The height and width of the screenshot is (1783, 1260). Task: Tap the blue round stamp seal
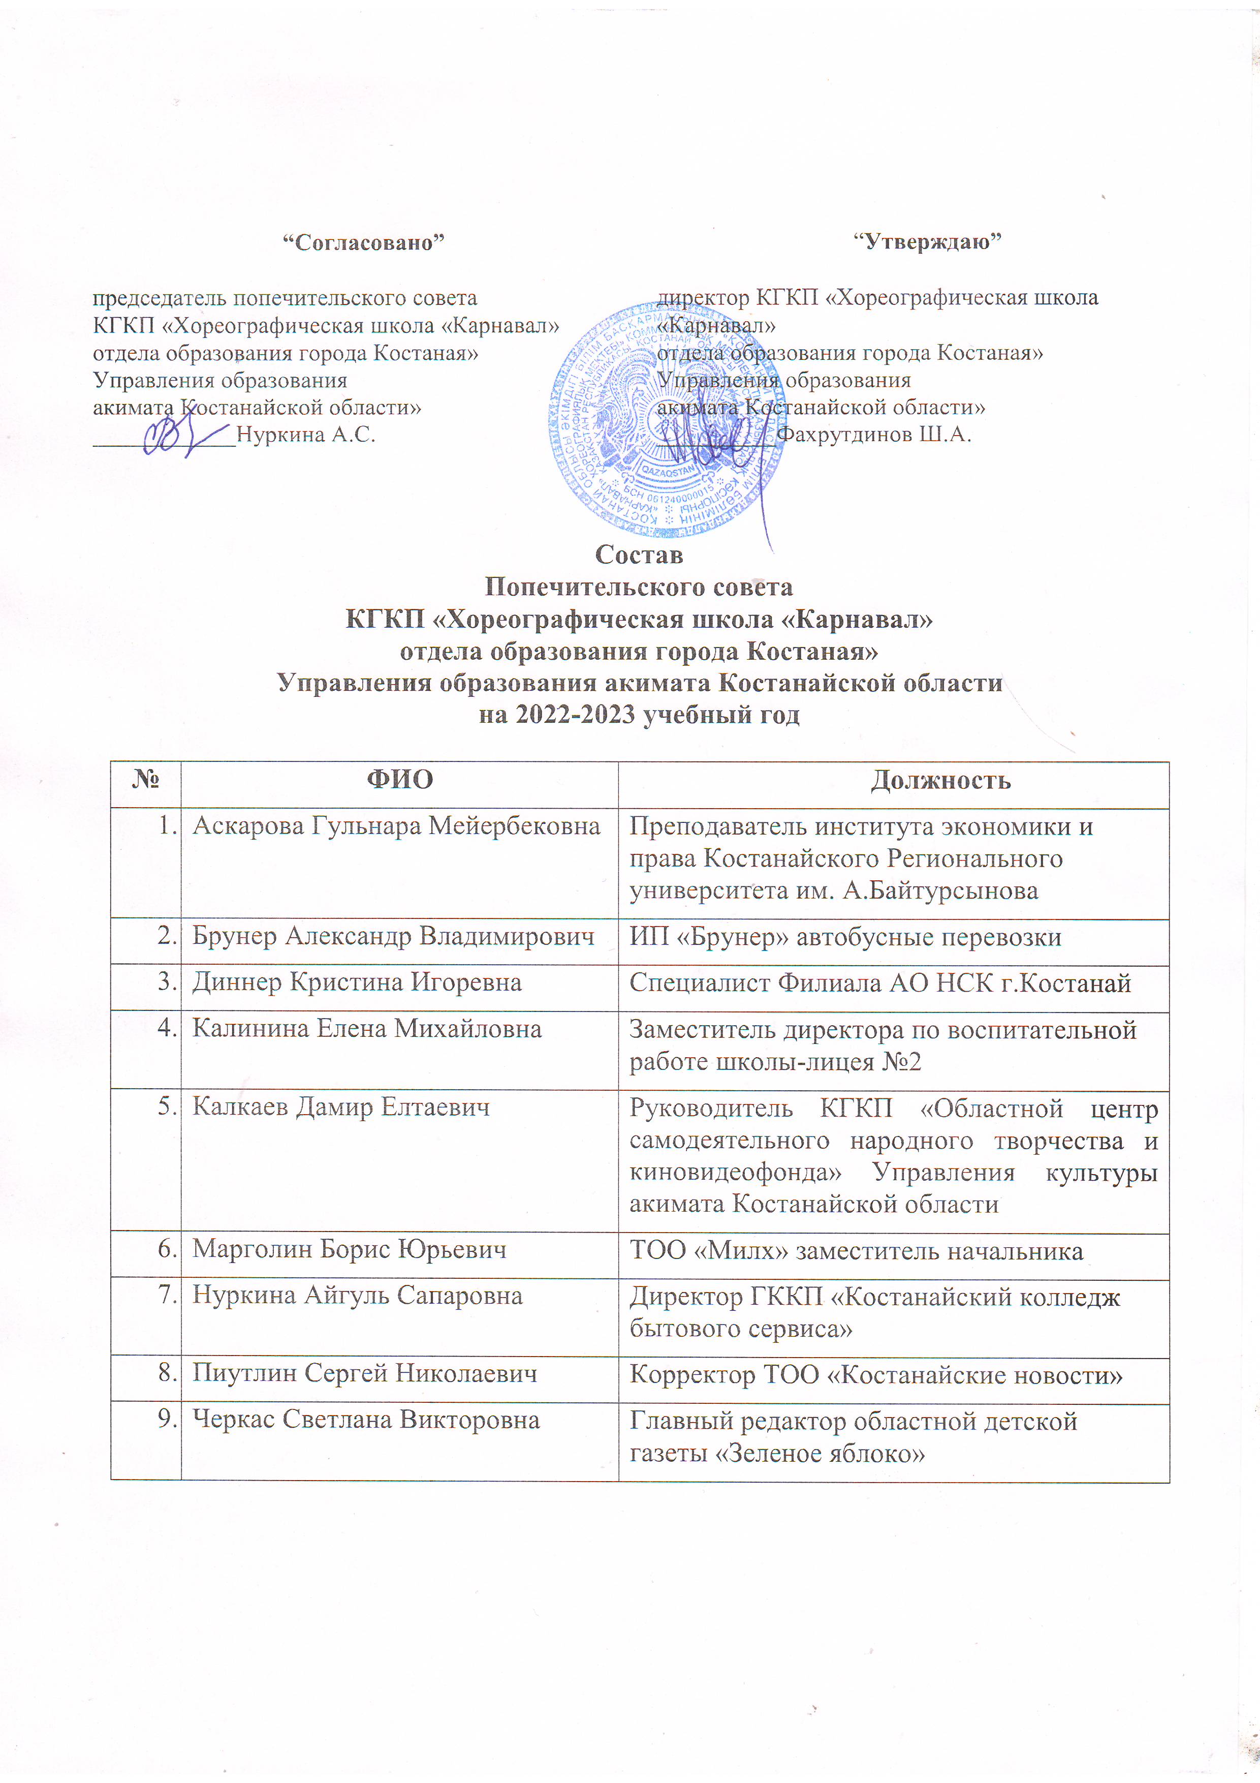click(666, 419)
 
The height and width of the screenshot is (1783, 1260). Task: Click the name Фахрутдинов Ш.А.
click(873, 434)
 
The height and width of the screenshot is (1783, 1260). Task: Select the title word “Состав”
click(639, 555)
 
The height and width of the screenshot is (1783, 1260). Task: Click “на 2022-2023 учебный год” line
click(639, 714)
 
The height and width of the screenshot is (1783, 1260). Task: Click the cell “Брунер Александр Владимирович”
click(393, 937)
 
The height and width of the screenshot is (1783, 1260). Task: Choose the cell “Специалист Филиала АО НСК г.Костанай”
click(879, 983)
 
